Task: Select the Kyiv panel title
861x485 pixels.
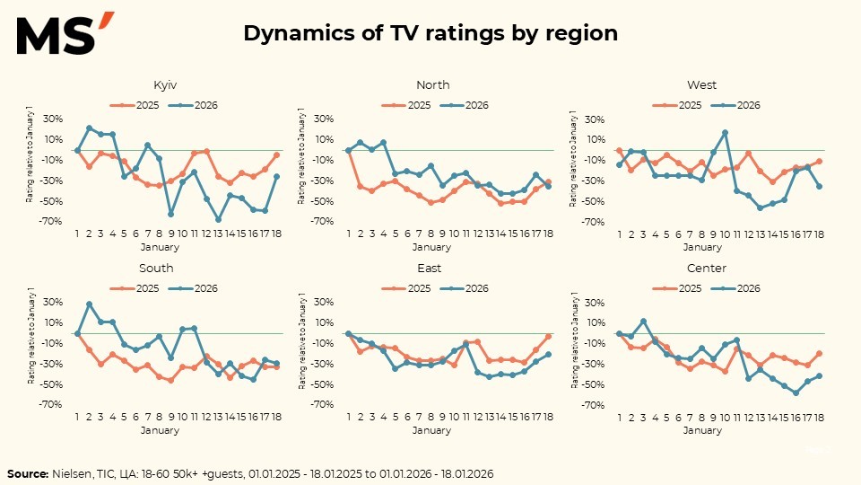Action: (x=165, y=85)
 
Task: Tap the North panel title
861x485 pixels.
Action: (x=433, y=85)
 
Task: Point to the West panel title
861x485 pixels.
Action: (x=701, y=85)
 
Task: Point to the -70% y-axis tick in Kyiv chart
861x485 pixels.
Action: (x=50, y=221)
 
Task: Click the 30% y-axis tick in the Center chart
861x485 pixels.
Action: (x=589, y=302)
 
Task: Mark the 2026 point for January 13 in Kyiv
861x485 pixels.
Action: (x=218, y=219)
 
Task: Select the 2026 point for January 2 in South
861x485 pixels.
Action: (x=89, y=304)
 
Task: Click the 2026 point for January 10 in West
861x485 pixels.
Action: (x=725, y=132)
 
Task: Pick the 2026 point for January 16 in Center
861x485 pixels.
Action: (x=796, y=392)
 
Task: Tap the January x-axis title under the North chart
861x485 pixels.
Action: (x=433, y=247)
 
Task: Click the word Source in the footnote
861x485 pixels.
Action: (x=27, y=472)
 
